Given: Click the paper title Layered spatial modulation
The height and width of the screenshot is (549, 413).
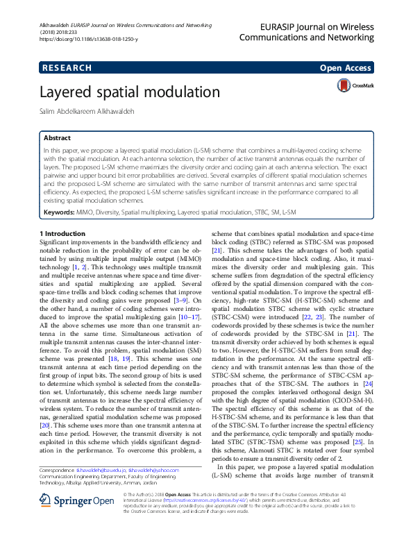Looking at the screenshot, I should (x=120, y=92).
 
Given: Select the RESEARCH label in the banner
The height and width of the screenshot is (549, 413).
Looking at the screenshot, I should (x=67, y=68).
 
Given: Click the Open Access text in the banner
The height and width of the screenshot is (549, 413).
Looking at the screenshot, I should (x=345, y=68).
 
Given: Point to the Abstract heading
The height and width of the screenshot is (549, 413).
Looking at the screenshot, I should (x=57, y=138).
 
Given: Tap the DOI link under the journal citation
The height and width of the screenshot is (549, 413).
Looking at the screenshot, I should (x=89, y=40).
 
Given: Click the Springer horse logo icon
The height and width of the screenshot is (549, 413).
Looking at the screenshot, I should (x=49, y=519).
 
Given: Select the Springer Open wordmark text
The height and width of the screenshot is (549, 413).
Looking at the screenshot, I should (x=86, y=520).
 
